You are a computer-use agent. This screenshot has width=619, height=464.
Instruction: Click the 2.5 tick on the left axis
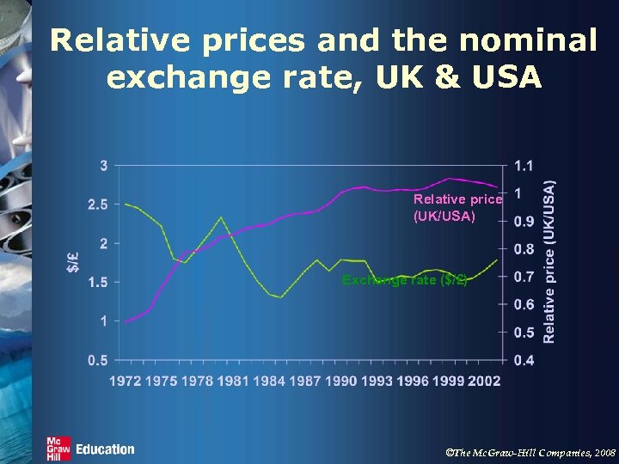click(98, 205)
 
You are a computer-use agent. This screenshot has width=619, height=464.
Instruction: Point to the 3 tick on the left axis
click(104, 165)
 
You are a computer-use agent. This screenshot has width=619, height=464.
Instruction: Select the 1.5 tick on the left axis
click(98, 282)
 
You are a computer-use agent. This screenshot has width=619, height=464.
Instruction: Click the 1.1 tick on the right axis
click(524, 165)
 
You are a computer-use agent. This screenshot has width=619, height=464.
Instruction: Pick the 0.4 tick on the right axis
click(524, 360)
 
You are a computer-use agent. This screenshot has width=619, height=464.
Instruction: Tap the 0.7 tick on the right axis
click(524, 277)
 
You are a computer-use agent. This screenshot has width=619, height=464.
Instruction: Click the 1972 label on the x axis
click(126, 381)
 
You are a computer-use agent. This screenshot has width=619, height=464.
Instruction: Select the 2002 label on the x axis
click(484, 381)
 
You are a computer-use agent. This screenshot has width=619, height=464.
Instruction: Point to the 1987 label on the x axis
click(304, 381)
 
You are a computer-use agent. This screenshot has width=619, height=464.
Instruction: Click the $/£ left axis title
click(75, 259)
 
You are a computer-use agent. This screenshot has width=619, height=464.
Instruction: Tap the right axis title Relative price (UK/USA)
click(550, 261)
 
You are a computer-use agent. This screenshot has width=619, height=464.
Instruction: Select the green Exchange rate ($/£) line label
click(404, 280)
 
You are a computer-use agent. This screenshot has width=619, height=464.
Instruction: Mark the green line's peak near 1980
click(221, 217)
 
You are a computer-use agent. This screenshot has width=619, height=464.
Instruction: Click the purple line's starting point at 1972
click(126, 321)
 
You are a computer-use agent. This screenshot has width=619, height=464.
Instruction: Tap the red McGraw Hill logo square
click(58, 449)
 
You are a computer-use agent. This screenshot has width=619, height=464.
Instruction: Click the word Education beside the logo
click(105, 449)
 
